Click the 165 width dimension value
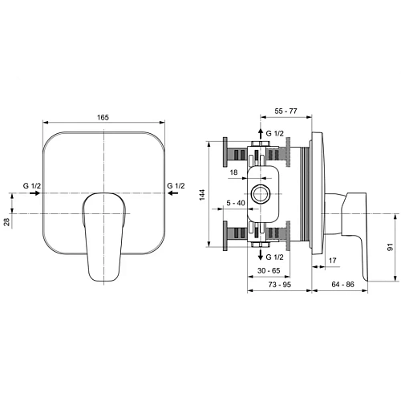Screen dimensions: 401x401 pos(105,118)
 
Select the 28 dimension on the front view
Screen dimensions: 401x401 pos(8,222)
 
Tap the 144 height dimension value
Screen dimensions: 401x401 pos(203,195)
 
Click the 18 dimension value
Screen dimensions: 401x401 pos(233,172)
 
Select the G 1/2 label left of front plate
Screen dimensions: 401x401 pos(32,186)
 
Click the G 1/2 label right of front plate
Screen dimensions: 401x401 pos(176,186)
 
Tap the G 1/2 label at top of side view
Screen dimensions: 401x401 pos(274,132)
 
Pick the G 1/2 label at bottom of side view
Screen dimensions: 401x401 pos(274,257)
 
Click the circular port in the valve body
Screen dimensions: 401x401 pos(260,193)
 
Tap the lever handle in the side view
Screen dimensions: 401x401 pos(356,233)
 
